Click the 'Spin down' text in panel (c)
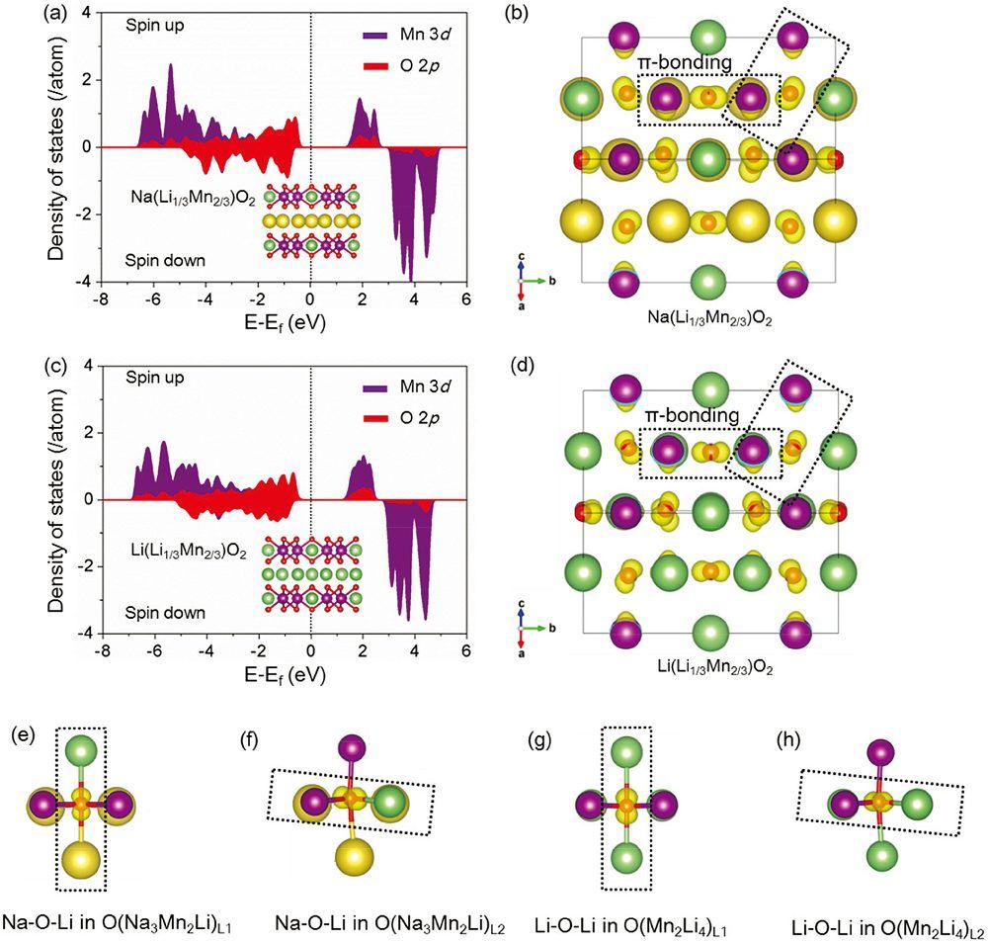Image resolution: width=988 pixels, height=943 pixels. coord(165,613)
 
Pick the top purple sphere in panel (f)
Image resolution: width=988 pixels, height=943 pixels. coord(351,751)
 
